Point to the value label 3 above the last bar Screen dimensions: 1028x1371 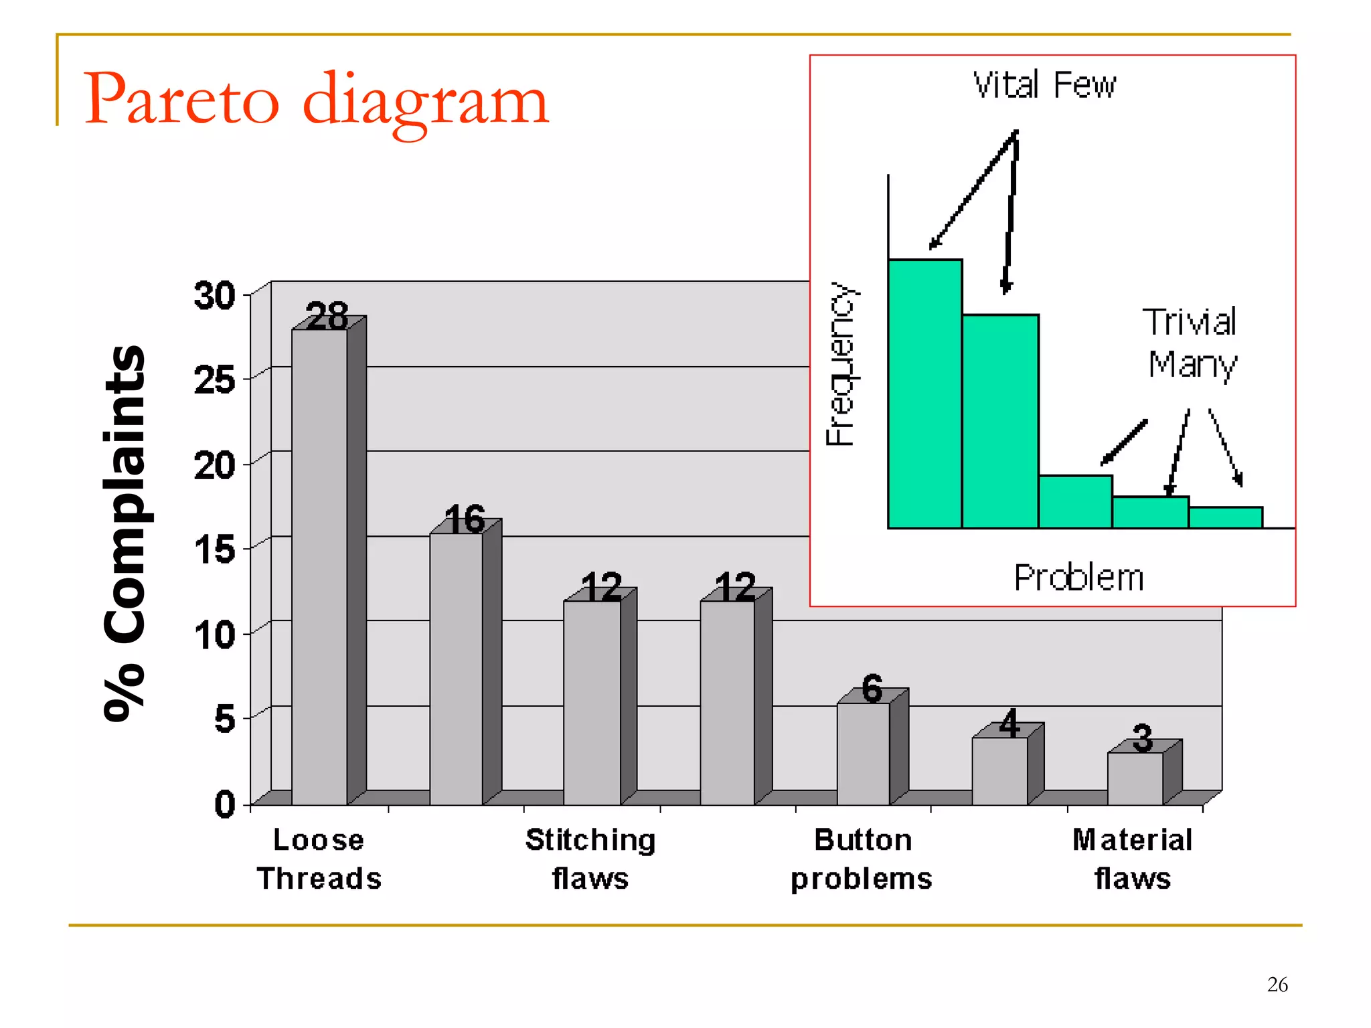tap(1143, 738)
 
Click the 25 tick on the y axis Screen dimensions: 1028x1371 tap(214, 380)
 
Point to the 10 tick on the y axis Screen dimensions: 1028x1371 tap(214, 634)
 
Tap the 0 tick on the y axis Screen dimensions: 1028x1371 tap(225, 804)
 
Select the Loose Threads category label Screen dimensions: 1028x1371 tap(319, 859)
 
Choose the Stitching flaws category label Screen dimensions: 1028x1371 tap(590, 859)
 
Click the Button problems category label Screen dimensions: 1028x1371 tap(862, 859)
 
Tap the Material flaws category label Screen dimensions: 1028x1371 tap(1133, 859)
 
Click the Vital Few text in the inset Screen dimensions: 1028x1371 tap(1044, 85)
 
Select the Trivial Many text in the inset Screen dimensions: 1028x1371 tap(1190, 343)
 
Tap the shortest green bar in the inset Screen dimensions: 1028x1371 tap(1225, 517)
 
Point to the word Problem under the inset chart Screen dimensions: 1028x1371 tap(1078, 578)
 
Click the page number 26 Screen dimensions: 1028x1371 tap(1277, 984)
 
